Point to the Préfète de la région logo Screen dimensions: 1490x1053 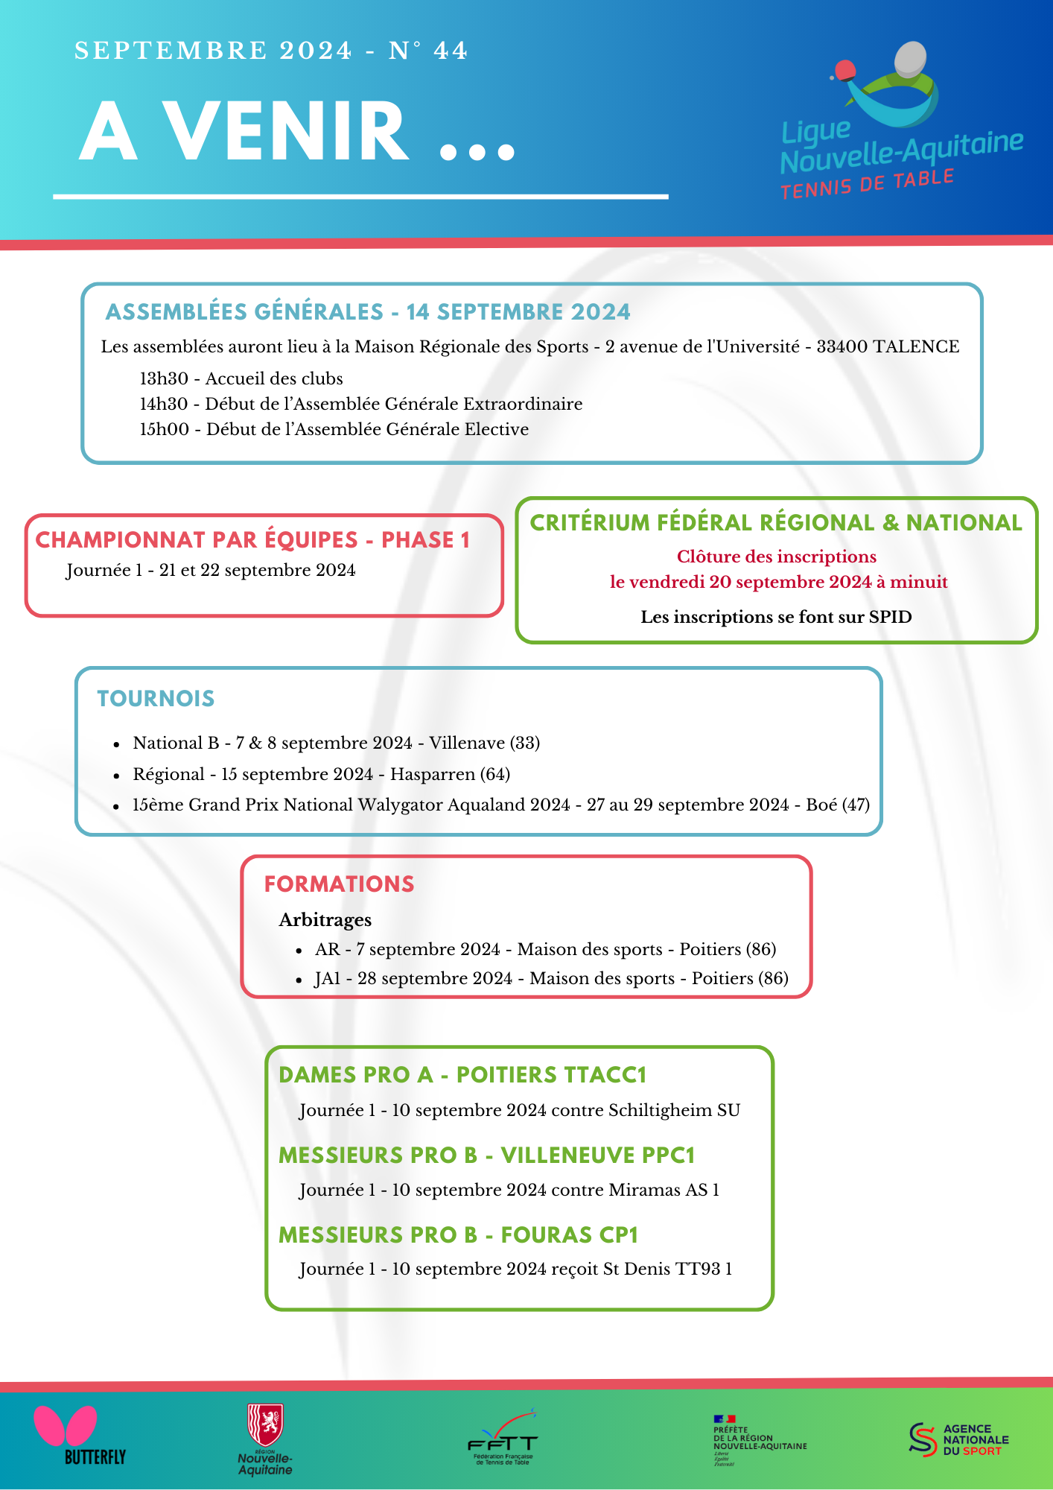(759, 1439)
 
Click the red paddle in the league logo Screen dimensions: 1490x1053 (844, 72)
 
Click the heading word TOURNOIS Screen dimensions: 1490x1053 (156, 698)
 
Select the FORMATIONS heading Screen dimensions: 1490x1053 (339, 884)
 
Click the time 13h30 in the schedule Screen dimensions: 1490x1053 (164, 378)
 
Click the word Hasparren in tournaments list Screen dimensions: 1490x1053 (433, 774)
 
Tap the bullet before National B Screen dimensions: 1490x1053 (116, 744)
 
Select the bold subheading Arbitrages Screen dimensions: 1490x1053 (325, 920)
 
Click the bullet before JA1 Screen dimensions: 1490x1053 (299, 980)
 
